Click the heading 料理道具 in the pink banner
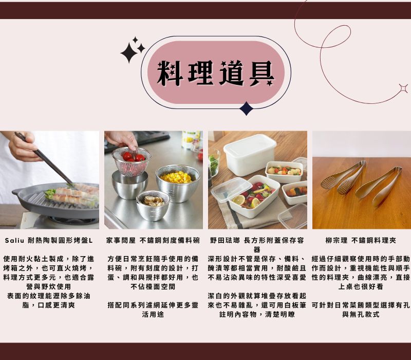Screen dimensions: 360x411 [215, 73]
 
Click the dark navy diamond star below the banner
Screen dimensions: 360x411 [247, 108]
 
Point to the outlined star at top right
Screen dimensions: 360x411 [403, 88]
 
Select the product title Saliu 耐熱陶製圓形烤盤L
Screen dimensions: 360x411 [49, 240]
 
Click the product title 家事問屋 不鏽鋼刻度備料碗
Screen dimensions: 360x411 [153, 240]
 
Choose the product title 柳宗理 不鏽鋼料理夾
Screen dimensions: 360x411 [361, 240]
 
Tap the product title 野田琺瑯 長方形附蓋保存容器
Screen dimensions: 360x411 [257, 241]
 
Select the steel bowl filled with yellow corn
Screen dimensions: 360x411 [177, 182]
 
